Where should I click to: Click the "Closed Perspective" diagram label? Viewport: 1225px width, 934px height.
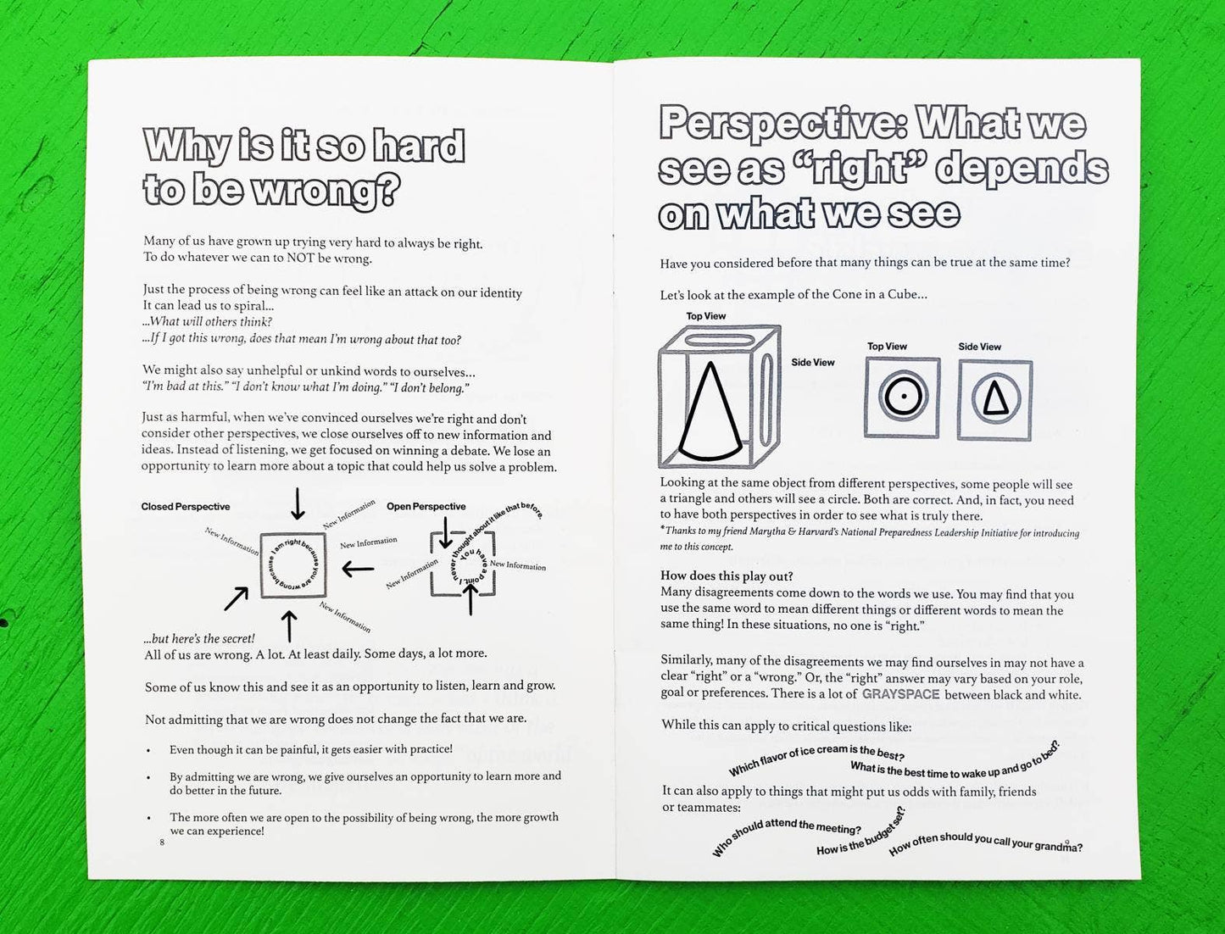tap(186, 507)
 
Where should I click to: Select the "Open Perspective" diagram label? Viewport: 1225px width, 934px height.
tap(426, 507)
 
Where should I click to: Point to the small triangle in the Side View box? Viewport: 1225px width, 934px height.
tap(995, 398)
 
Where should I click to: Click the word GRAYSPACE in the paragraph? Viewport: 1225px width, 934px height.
tap(900, 694)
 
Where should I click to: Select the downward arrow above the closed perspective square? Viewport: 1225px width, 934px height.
tap(298, 503)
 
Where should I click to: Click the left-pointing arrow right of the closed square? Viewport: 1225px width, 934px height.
tap(358, 570)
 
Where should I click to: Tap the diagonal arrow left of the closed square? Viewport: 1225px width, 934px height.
tap(236, 598)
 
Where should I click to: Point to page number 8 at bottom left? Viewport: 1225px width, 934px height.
tap(162, 842)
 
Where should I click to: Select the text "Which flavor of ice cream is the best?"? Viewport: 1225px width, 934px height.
tap(816, 758)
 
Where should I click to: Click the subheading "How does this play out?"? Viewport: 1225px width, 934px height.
tap(727, 576)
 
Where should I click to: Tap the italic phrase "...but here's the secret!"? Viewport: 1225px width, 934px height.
tap(199, 639)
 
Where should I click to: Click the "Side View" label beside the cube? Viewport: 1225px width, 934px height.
tap(813, 363)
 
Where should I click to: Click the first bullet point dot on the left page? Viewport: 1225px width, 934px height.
tap(149, 751)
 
